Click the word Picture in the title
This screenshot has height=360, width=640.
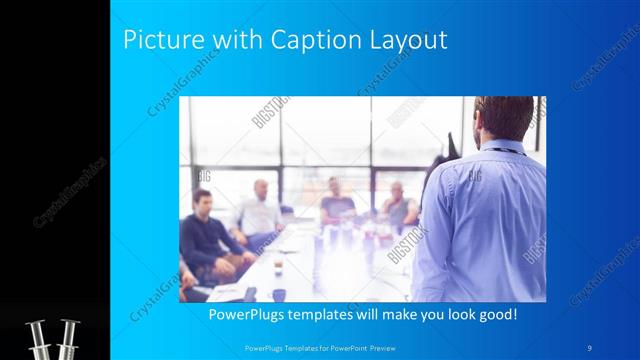(x=159, y=40)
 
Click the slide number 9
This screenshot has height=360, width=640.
(x=591, y=346)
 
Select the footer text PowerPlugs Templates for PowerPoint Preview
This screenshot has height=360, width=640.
(x=320, y=346)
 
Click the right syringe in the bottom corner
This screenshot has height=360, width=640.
(x=68, y=338)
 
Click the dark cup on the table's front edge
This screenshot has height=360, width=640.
(x=279, y=295)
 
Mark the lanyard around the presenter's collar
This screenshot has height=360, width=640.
(x=510, y=150)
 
